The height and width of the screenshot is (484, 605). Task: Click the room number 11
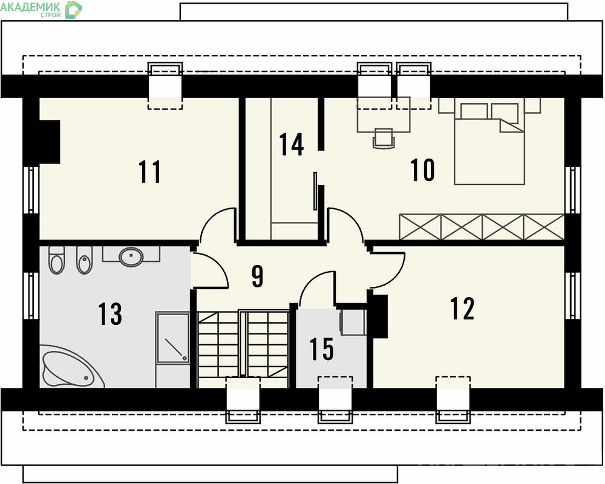click(x=149, y=172)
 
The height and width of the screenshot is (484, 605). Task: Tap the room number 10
click(x=422, y=170)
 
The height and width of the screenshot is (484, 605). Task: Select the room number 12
click(x=462, y=309)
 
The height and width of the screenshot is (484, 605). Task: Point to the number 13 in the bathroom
click(x=110, y=313)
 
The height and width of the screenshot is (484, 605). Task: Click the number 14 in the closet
click(x=292, y=145)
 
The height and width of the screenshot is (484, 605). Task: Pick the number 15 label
click(x=321, y=349)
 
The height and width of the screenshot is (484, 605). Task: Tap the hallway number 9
click(x=257, y=276)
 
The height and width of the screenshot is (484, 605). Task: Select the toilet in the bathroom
click(x=57, y=259)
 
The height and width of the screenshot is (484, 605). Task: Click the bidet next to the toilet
click(x=85, y=260)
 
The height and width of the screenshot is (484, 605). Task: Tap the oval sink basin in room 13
click(x=131, y=257)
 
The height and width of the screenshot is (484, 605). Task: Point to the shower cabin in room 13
click(x=172, y=338)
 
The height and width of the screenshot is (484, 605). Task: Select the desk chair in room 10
click(x=384, y=138)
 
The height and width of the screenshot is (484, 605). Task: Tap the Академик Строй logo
click(x=41, y=9)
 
